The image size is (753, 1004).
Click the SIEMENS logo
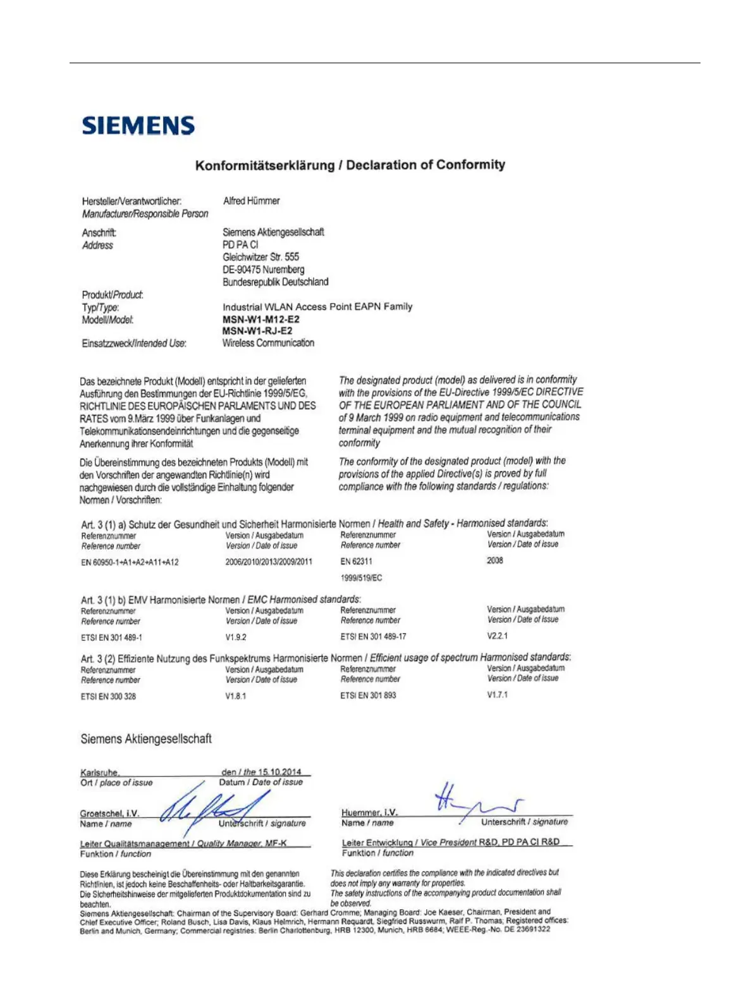(138, 125)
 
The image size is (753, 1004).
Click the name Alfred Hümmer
(251, 201)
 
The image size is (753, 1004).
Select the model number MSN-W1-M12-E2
(261, 319)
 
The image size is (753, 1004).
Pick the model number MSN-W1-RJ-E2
(257, 331)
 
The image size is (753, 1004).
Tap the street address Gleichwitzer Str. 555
(260, 257)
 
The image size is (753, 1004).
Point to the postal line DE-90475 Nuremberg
(263, 270)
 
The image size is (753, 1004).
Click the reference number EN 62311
(356, 561)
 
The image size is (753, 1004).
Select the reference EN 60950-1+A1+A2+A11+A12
(130, 562)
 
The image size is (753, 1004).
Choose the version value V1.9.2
(236, 637)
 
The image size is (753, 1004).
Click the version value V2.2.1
(497, 636)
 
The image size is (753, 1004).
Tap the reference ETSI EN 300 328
(108, 696)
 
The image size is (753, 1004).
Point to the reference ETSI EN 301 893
(368, 695)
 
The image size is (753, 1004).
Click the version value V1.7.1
(497, 695)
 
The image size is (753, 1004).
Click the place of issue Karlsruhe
(99, 772)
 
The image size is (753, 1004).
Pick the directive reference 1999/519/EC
(361, 578)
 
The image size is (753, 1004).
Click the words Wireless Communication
(268, 343)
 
